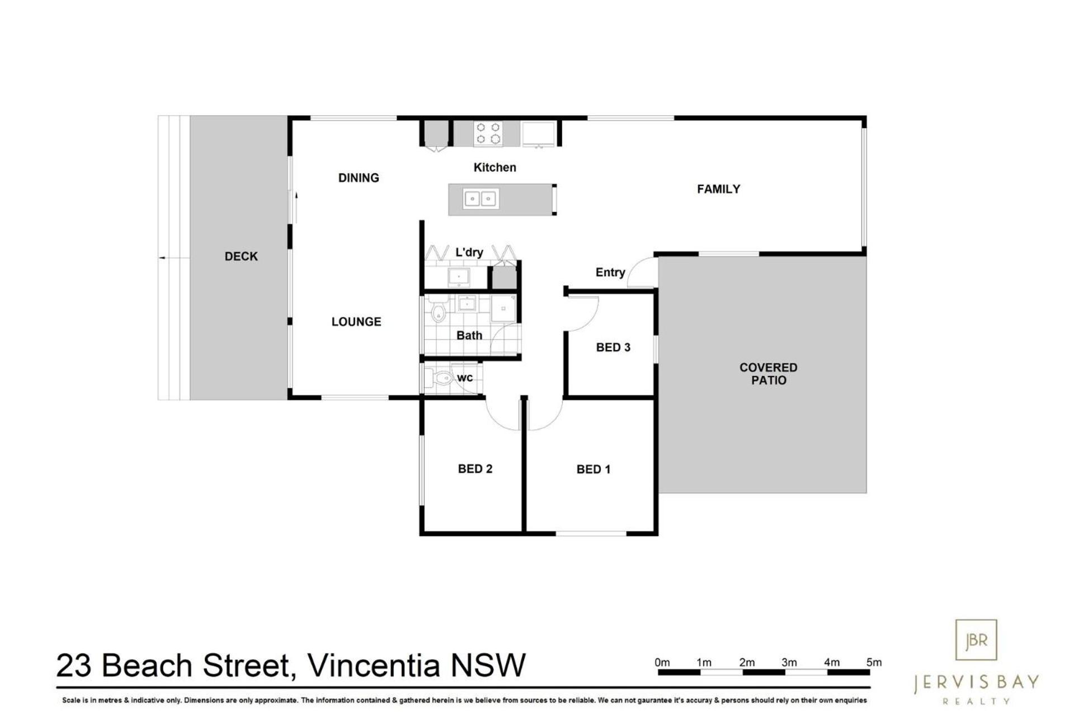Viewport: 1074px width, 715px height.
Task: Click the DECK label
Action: (241, 257)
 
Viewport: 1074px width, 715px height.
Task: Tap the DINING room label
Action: (359, 178)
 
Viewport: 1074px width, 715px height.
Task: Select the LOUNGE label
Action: (356, 322)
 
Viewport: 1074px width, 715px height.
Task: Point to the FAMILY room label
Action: (718, 190)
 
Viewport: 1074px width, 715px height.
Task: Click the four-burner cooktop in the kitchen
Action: (488, 134)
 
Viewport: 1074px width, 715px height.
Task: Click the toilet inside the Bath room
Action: (438, 311)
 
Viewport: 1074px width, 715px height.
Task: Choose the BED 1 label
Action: (593, 470)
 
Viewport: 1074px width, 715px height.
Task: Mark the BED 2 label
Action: (475, 469)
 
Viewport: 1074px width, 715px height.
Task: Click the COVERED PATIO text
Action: (768, 374)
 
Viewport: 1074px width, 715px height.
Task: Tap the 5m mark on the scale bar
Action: (874, 662)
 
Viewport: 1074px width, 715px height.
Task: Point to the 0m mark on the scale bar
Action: (662, 662)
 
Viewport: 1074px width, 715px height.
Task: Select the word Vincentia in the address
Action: (374, 665)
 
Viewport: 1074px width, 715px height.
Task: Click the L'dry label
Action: (469, 253)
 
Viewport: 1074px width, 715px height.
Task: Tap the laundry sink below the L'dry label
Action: (459, 277)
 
